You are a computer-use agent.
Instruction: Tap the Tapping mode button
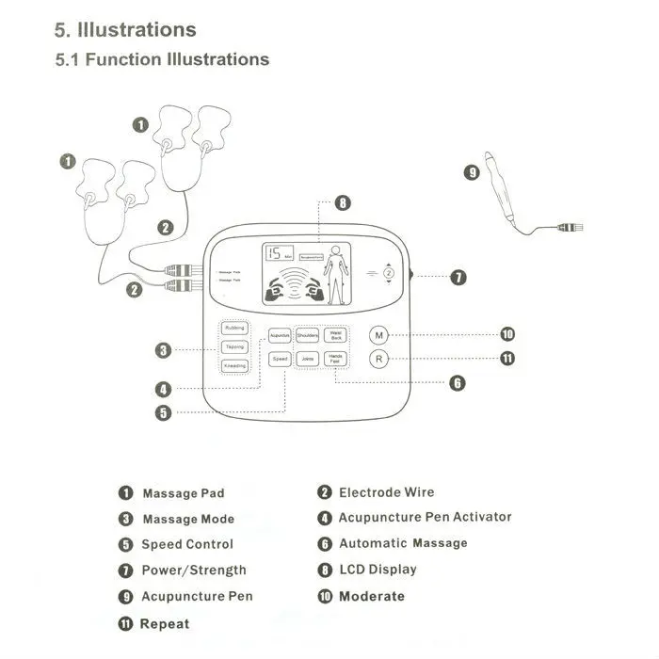tap(235, 347)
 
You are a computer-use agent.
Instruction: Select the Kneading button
tap(235, 366)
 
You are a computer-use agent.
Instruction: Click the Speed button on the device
tap(280, 359)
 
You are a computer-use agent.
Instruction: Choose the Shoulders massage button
tap(308, 335)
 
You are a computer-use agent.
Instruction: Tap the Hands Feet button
tap(336, 359)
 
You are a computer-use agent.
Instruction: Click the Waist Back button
tap(336, 335)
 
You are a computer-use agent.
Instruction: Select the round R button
tap(378, 359)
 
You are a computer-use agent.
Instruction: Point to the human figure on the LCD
tap(335, 274)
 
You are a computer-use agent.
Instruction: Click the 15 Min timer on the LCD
tap(280, 253)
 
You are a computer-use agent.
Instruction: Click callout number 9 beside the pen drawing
tap(472, 172)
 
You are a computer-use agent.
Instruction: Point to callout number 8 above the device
tap(343, 202)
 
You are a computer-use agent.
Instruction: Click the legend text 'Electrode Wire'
tap(386, 492)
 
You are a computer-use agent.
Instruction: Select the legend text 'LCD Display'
tap(378, 570)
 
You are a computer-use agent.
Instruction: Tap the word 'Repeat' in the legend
tap(165, 623)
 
